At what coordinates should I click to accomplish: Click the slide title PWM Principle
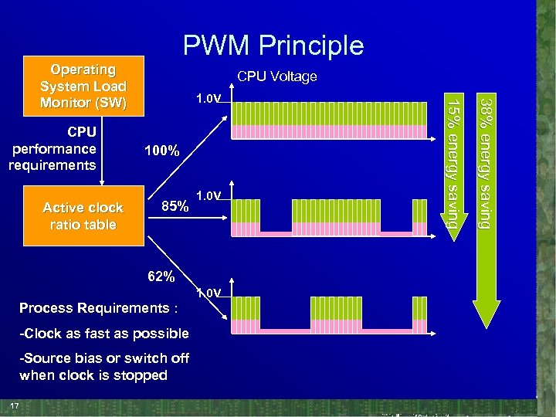[273, 46]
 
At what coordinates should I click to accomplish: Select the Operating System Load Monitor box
[83, 86]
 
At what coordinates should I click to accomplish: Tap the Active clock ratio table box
[83, 216]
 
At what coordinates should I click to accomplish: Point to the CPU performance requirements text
[53, 148]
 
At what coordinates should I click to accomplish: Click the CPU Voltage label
[276, 76]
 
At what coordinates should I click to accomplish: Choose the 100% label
[162, 151]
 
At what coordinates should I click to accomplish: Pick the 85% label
[175, 207]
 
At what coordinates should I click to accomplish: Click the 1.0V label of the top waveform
[208, 100]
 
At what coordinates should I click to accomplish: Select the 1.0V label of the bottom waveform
[208, 293]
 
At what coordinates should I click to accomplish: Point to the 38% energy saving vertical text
[485, 162]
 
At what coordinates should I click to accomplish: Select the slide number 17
[14, 406]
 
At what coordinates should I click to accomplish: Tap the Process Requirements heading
[99, 308]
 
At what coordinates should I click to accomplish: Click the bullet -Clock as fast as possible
[104, 334]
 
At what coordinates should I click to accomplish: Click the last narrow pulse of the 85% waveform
[420, 217]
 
